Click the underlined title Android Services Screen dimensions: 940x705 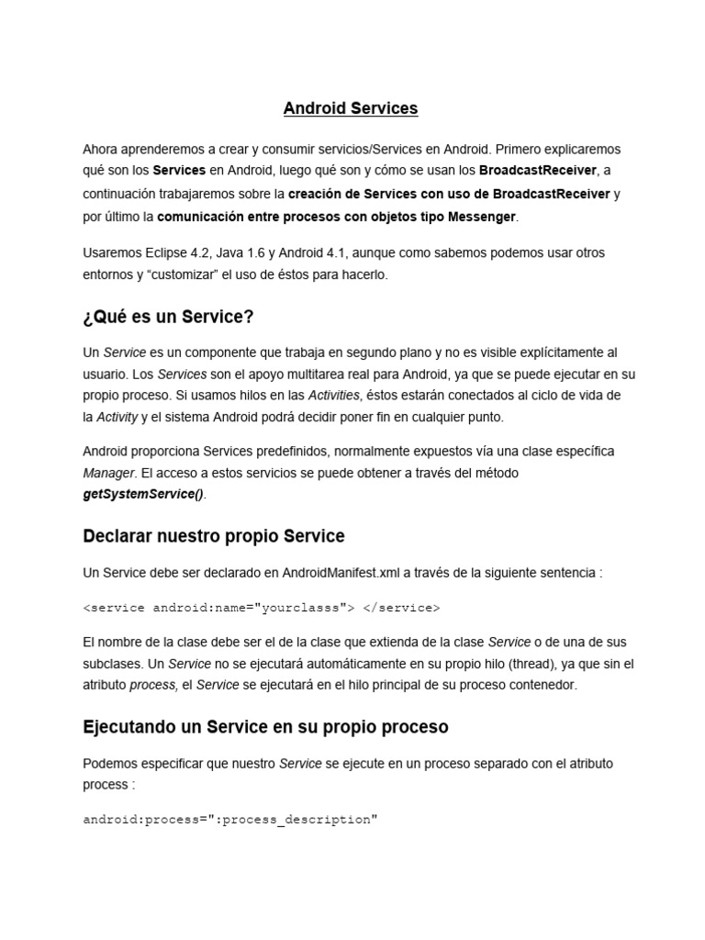point(351,108)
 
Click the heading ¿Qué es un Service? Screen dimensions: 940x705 point(168,317)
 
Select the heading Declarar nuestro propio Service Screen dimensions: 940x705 point(214,535)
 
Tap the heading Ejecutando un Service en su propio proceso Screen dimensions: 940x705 point(265,727)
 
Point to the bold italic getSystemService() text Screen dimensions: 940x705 point(144,494)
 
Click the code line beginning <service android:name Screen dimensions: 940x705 point(262,608)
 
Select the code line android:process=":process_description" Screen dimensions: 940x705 point(230,793)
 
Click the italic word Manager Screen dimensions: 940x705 point(108,473)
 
